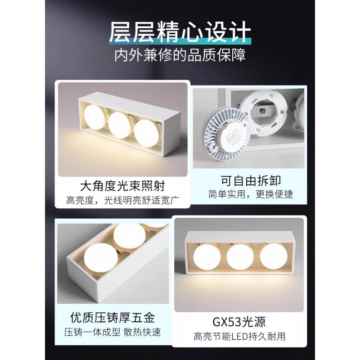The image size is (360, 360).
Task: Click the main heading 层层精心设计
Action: tap(180, 32)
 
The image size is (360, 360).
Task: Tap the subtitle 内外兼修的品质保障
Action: tap(180, 55)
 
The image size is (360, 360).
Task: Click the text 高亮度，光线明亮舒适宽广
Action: tap(122, 199)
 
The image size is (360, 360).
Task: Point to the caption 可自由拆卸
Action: tap(251, 180)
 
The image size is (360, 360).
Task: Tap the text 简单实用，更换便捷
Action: tap(251, 194)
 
